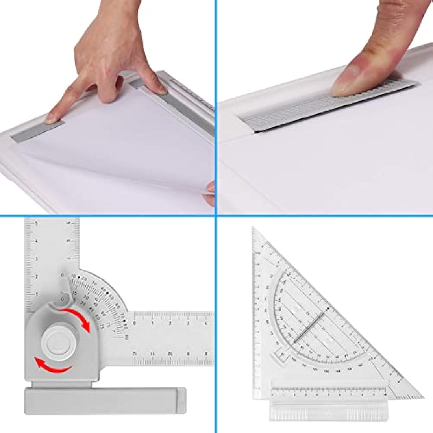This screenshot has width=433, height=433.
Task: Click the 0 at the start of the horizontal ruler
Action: coord(135,323)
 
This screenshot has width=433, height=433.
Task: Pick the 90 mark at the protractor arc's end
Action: coord(126,337)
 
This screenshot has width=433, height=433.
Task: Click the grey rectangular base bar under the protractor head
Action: coord(105,398)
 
